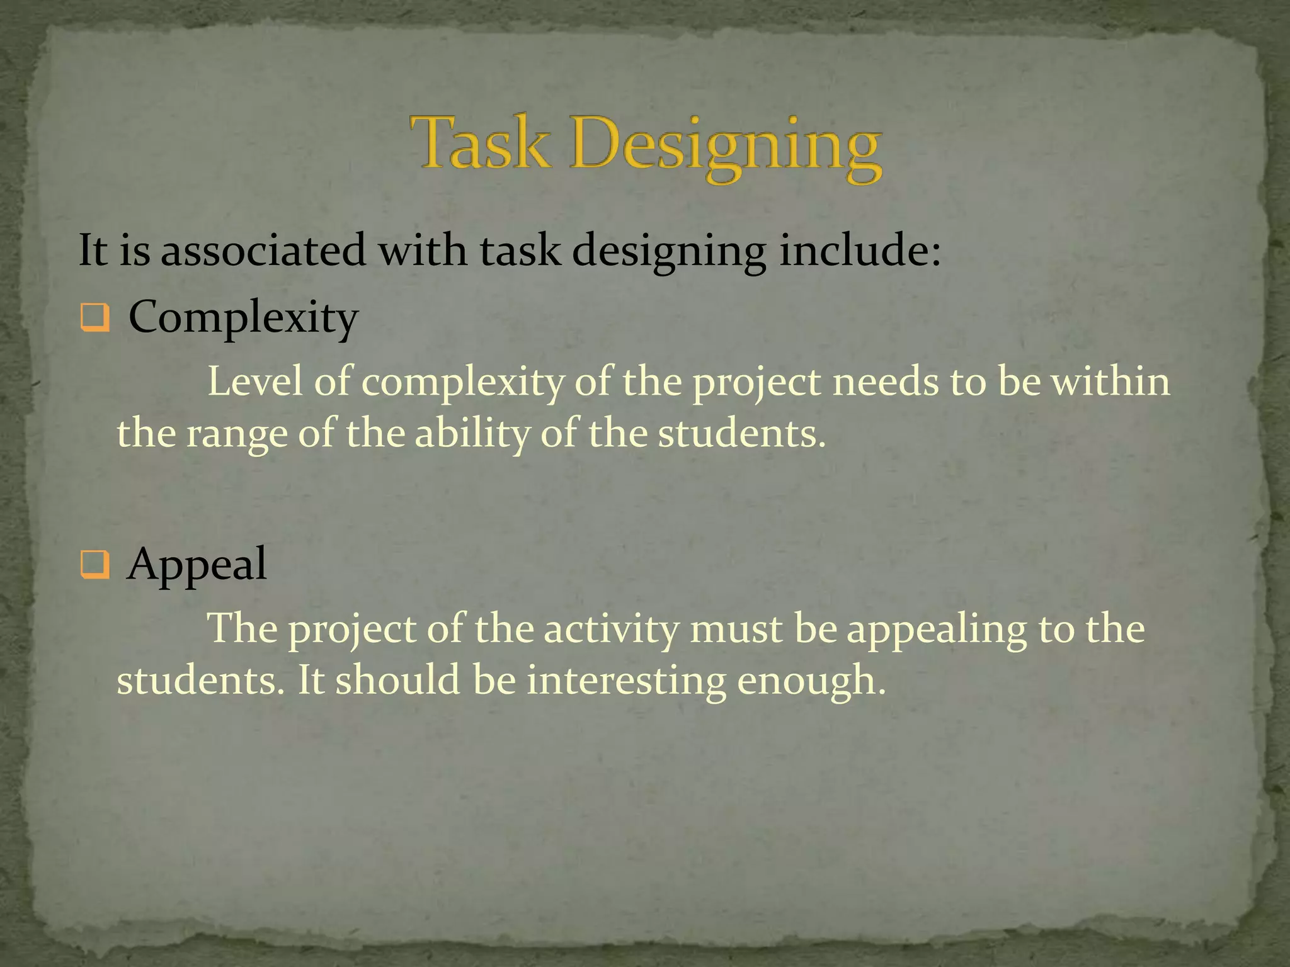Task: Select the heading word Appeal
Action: [x=197, y=565]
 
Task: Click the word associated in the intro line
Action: [x=263, y=250]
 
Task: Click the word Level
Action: [x=255, y=382]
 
